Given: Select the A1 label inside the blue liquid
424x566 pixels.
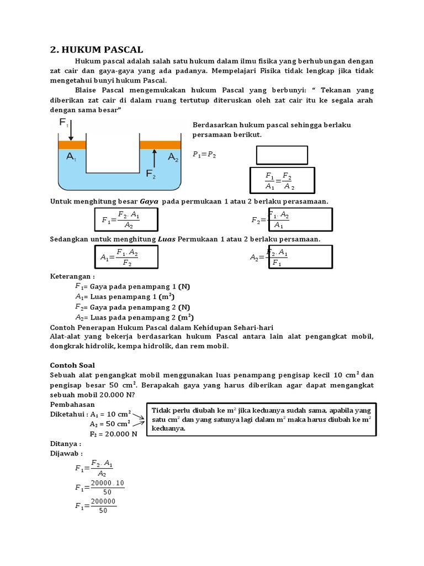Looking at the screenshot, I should point(72,157).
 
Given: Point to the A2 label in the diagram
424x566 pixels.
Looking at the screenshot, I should point(173,158).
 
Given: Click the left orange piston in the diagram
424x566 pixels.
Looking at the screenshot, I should point(72,145).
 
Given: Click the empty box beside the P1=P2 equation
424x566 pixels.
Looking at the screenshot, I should point(282,155).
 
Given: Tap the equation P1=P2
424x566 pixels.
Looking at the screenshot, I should point(204,155).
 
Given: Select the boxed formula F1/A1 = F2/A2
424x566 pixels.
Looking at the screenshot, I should point(282,181).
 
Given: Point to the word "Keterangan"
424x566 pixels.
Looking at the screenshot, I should point(72,276).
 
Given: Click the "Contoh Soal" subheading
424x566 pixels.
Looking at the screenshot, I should point(72,365).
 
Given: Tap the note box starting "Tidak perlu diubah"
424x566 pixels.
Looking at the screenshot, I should point(261,420).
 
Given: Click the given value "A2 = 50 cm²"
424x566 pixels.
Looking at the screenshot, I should point(110,423).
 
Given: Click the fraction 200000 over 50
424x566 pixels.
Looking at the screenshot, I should point(103,506).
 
